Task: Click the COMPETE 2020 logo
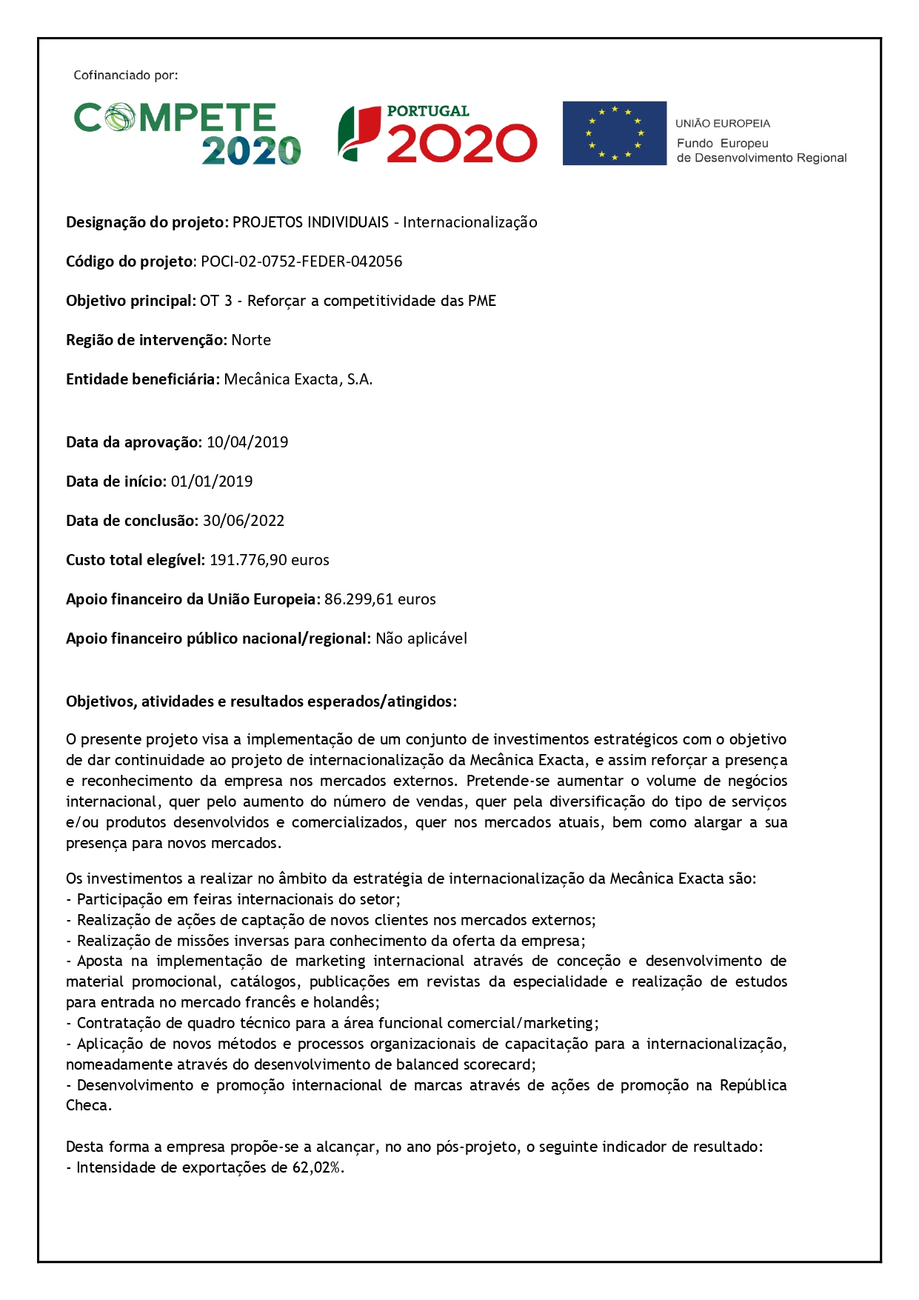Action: (187, 133)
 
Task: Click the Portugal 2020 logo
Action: (437, 133)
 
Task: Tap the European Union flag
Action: (614, 133)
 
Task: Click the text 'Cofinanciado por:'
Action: (126, 76)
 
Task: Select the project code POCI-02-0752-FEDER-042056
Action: (301, 261)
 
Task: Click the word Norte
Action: (251, 340)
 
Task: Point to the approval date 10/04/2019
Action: (247, 442)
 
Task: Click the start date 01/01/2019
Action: (212, 481)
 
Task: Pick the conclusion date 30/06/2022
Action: (244, 521)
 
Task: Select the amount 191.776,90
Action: (247, 560)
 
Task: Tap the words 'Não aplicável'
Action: (421, 639)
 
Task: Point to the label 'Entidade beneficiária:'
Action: (143, 379)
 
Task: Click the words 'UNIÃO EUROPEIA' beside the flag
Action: (723, 124)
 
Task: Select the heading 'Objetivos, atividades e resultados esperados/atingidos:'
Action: (261, 701)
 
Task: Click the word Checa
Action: (88, 1106)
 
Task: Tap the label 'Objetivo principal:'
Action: (131, 301)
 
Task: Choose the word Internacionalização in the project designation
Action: (470, 222)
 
